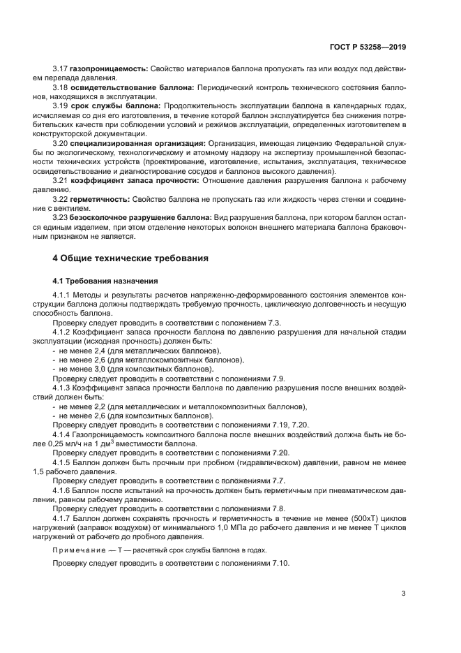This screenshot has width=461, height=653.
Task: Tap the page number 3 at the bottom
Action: (x=403, y=594)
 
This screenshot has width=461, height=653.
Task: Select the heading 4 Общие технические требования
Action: (x=131, y=258)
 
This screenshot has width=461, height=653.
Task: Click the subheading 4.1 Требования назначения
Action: (x=105, y=281)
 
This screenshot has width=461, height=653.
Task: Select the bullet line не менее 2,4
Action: (x=136, y=351)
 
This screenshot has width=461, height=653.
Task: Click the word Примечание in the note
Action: (x=77, y=550)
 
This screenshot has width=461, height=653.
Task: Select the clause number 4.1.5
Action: (x=63, y=462)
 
